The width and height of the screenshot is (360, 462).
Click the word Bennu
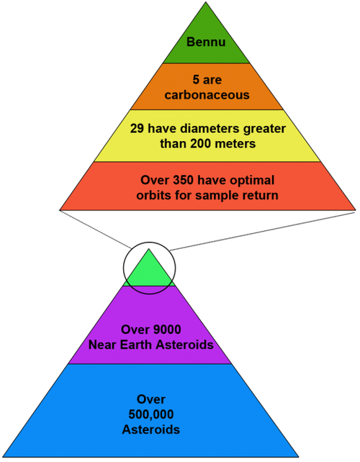pos(206,42)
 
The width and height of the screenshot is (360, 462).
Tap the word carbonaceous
pos(207,95)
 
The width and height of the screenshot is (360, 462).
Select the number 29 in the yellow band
pos(137,129)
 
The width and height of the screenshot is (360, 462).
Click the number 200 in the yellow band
pos(200,144)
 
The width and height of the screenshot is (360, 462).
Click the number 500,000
pos(151,415)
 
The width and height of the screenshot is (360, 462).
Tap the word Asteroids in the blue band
pos(151,430)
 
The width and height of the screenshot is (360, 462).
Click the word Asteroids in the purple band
pos(185,345)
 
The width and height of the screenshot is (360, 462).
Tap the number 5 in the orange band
pos(196,80)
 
